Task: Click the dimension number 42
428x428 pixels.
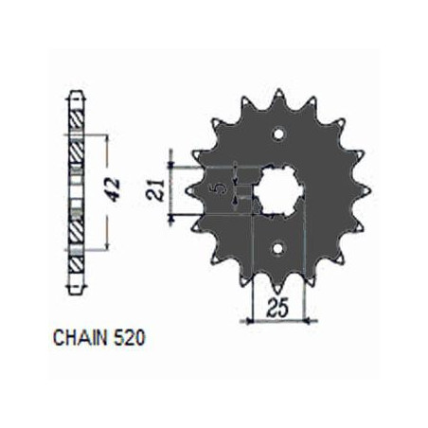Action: click(x=113, y=189)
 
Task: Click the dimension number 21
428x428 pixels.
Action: click(x=155, y=190)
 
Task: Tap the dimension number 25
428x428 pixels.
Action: click(x=278, y=309)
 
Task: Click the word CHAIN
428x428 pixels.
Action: click(x=80, y=338)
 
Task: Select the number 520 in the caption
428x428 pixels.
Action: click(x=128, y=338)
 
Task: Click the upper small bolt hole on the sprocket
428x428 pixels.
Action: click(x=278, y=134)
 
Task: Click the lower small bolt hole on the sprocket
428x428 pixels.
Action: click(x=278, y=248)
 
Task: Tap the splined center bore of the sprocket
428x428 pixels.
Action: click(x=278, y=191)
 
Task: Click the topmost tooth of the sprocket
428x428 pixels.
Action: click(x=278, y=96)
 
